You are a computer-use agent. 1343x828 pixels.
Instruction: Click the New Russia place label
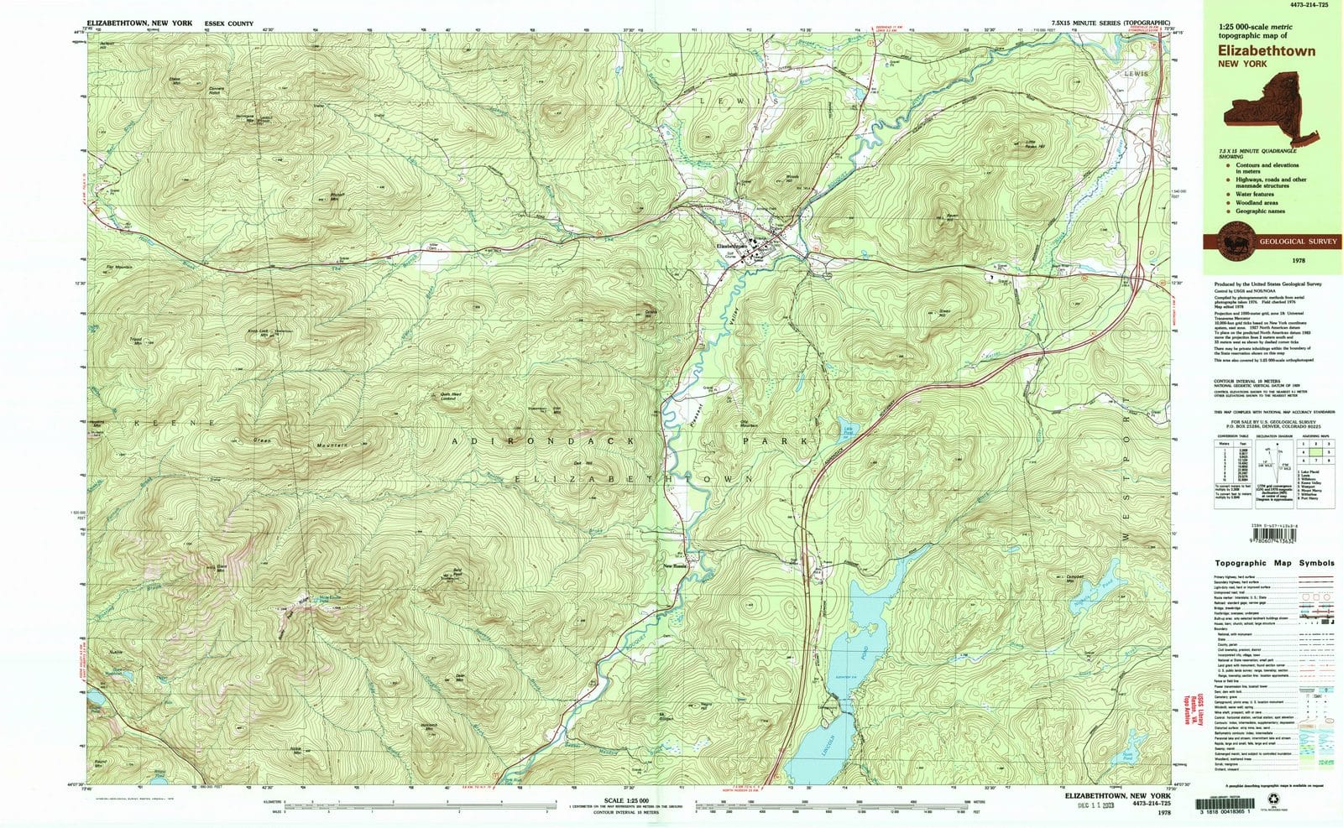[678, 565]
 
